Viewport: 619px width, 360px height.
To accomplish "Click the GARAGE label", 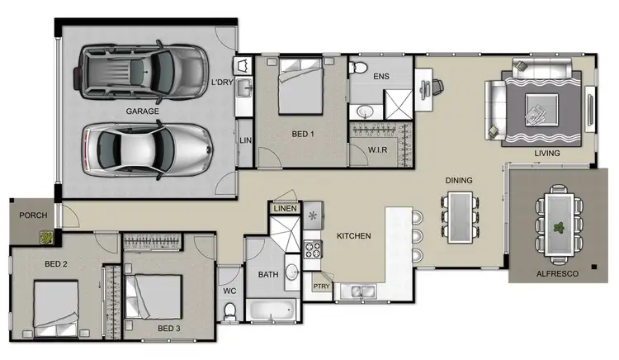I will point(142,111).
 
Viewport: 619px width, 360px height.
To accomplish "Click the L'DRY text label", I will point(222,83).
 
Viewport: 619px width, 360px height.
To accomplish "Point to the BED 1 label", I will point(304,134).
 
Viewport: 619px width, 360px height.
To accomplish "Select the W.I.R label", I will point(379,149).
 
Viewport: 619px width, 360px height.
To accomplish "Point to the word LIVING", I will point(546,154).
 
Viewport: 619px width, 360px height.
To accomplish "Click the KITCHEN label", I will point(353,236).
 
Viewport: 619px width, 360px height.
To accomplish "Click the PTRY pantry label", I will point(322,287).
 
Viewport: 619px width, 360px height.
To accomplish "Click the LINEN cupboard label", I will point(285,209).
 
